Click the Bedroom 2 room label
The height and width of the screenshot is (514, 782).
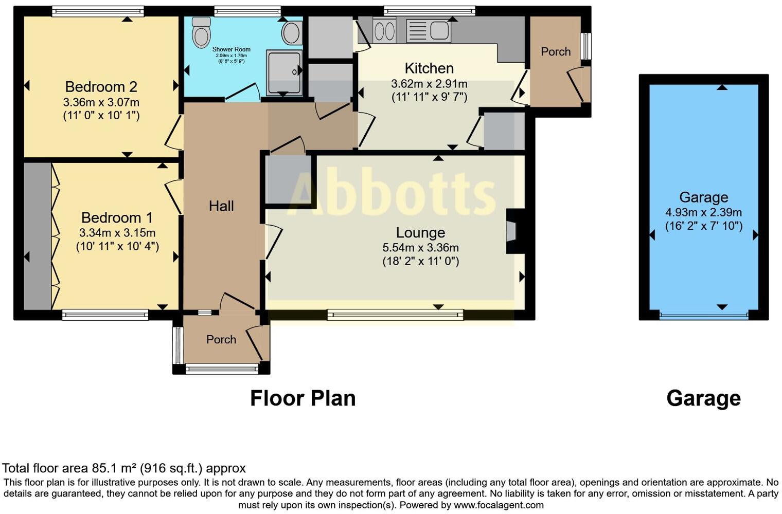[101, 87]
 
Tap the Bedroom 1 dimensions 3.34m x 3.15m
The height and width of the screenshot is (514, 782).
[117, 233]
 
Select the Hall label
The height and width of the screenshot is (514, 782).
[221, 206]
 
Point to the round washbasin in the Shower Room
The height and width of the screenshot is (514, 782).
[292, 33]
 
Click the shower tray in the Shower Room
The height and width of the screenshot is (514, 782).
[283, 72]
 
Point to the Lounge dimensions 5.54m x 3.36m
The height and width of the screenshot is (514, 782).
[420, 248]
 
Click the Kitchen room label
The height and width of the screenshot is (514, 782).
[429, 68]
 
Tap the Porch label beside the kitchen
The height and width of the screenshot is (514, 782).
[556, 52]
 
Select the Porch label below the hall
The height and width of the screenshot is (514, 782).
[221, 340]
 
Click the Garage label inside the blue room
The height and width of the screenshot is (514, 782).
[703, 197]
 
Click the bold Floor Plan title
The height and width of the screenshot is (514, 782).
[303, 398]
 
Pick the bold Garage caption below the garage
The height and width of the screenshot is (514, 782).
[703, 398]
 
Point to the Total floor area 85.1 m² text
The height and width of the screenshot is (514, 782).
[124, 468]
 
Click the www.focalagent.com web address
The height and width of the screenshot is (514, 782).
[499, 505]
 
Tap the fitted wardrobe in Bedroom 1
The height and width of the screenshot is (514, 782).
[37, 236]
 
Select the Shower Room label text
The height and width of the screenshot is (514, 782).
[231, 49]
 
